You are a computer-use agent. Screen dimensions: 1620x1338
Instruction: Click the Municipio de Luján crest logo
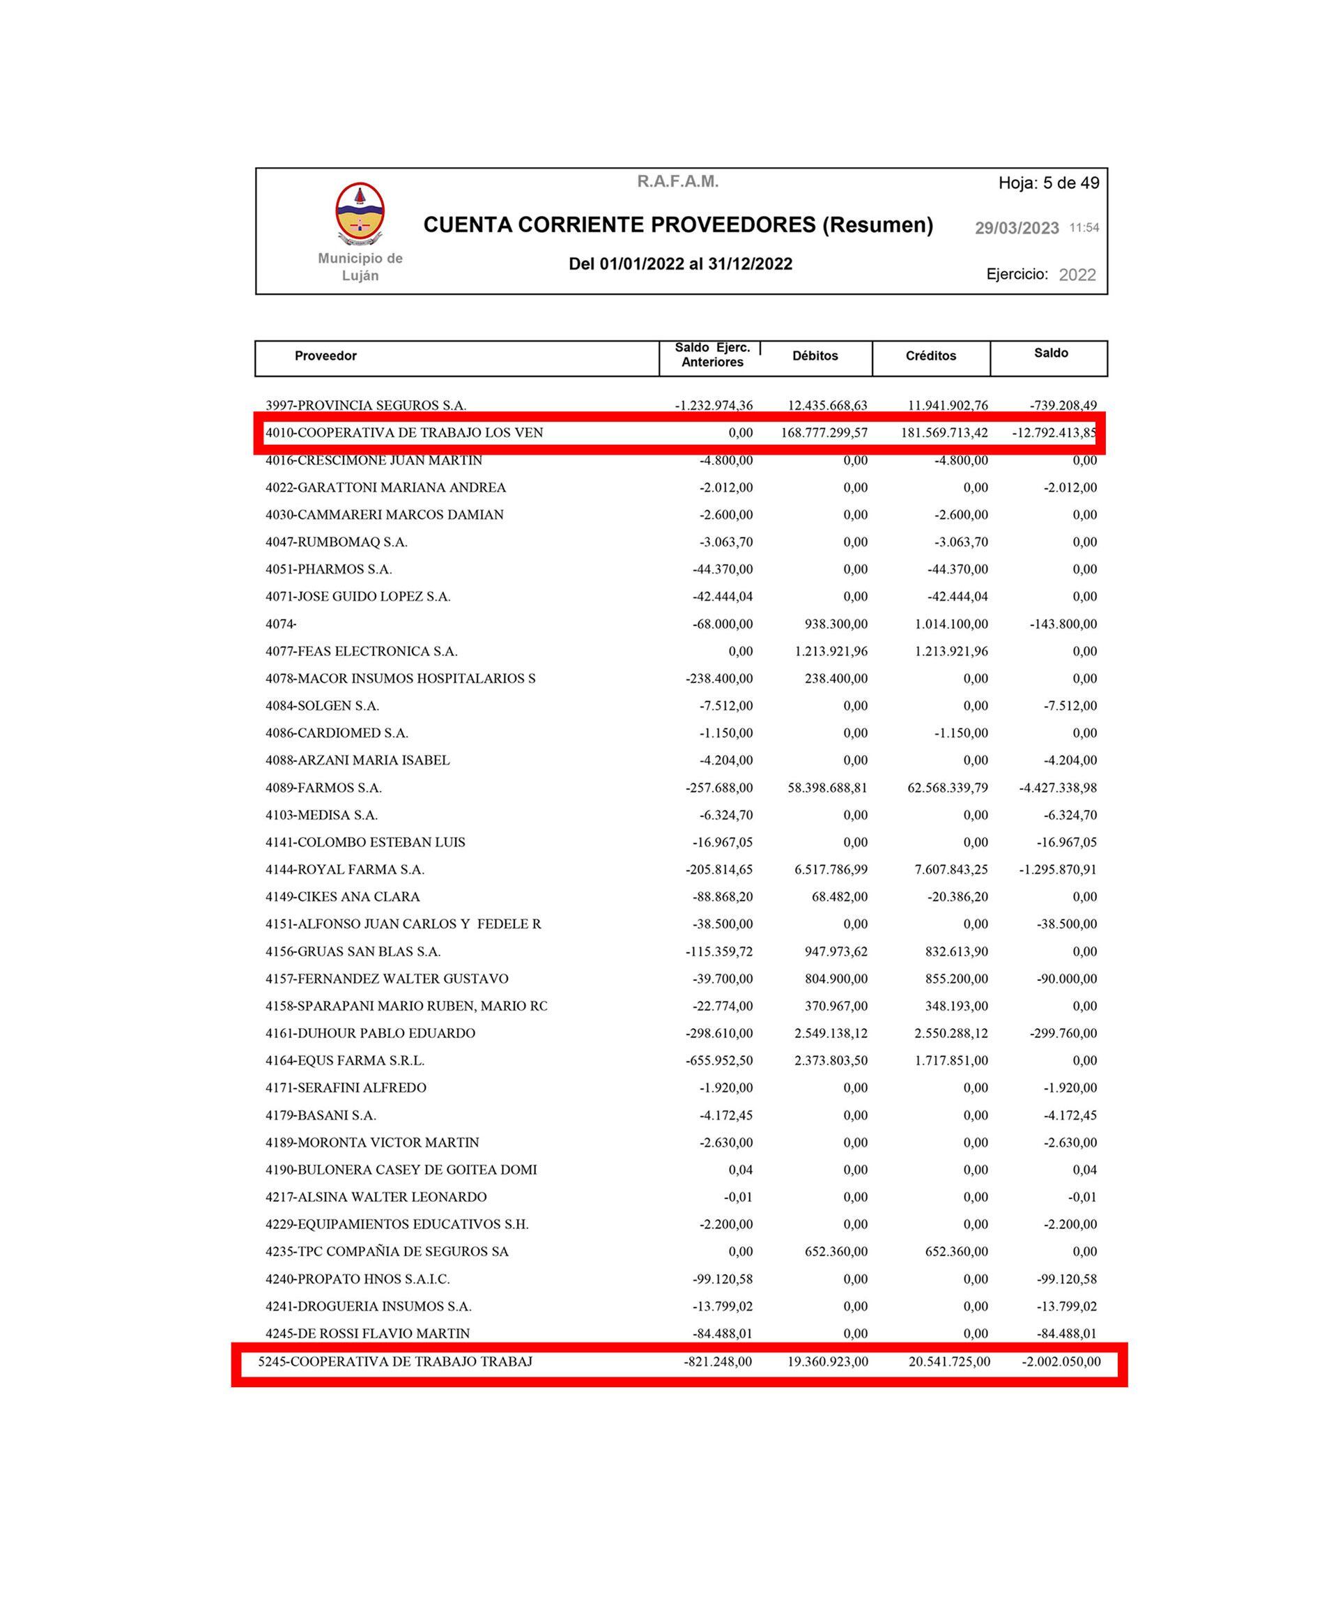360,213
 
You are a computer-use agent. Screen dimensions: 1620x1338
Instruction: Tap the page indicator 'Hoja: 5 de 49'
1048,183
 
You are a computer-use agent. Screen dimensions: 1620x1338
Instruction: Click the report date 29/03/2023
1017,228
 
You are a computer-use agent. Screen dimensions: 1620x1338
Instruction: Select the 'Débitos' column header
815,356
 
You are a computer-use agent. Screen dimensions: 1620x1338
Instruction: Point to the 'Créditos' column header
930,356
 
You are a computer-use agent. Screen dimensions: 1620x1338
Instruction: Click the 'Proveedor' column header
325,356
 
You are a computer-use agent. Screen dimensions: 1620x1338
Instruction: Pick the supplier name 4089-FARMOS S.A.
324,788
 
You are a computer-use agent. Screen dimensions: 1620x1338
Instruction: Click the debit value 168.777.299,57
824,433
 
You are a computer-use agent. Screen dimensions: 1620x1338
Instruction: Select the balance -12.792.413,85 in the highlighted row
1054,433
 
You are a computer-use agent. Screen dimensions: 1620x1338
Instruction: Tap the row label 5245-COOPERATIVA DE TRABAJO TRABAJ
394,1361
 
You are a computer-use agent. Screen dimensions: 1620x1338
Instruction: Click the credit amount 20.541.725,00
948,1361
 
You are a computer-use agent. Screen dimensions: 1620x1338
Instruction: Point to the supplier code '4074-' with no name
282,624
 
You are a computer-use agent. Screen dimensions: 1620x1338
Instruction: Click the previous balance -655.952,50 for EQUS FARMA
719,1061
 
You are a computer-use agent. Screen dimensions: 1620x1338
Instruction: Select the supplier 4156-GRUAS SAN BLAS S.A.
353,952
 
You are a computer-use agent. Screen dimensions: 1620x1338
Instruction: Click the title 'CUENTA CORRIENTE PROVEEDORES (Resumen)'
677,225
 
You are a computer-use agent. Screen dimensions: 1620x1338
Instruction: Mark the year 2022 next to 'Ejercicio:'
1077,275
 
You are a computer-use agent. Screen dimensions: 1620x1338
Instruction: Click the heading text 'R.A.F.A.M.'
677,182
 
